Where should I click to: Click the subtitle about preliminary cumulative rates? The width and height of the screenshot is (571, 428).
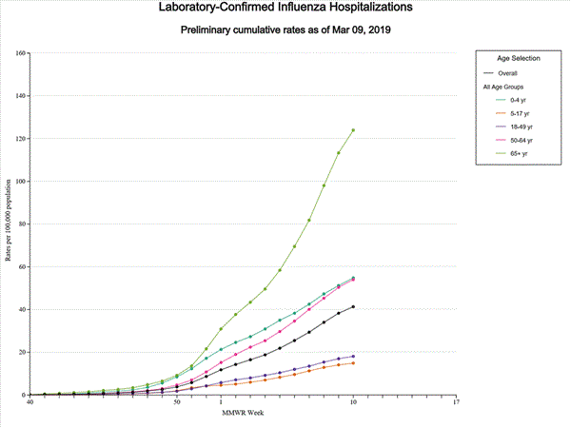[286, 30]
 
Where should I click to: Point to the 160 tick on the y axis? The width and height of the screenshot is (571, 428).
[20, 52]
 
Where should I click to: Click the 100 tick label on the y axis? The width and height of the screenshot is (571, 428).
[20, 181]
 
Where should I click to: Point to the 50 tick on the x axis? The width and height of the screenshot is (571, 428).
[177, 402]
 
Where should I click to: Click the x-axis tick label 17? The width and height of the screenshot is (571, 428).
[456, 402]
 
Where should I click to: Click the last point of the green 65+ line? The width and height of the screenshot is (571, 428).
[353, 129]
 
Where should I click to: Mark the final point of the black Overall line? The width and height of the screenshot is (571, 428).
[353, 306]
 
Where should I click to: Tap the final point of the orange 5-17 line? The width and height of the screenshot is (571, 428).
[353, 362]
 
